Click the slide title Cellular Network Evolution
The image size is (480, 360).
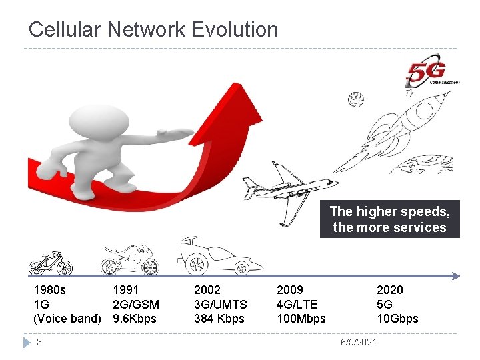point(153,29)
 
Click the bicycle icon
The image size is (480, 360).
point(51,263)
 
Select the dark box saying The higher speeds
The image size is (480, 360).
point(390,219)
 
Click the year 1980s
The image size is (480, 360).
point(50,289)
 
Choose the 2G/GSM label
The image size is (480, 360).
point(136,304)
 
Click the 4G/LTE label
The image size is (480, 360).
point(297,304)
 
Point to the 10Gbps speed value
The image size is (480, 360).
point(397,319)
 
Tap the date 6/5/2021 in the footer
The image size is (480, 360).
point(358,342)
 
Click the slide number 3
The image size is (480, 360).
point(39,342)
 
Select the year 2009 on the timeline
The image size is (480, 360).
point(289,289)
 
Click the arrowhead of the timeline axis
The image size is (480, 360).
point(456,275)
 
